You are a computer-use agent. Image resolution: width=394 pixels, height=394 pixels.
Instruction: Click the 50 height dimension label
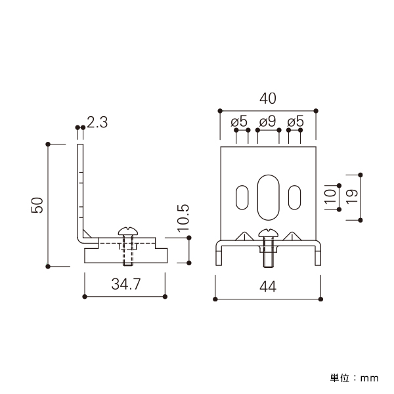click(x=37, y=206)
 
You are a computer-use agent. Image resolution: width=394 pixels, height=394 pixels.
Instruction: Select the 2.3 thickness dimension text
click(x=97, y=122)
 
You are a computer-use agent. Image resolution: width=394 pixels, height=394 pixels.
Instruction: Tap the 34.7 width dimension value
click(x=126, y=284)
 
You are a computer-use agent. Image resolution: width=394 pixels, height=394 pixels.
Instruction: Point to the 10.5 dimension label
click(x=183, y=218)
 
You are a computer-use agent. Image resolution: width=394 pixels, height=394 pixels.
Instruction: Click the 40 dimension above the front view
click(x=268, y=98)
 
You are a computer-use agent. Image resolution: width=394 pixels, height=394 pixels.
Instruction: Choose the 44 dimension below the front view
click(x=268, y=286)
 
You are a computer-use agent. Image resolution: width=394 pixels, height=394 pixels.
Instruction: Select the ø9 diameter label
click(x=267, y=121)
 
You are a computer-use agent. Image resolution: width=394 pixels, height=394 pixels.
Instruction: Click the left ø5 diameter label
click(x=239, y=121)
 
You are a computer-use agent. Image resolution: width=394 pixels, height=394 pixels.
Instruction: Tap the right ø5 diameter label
click(x=295, y=121)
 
